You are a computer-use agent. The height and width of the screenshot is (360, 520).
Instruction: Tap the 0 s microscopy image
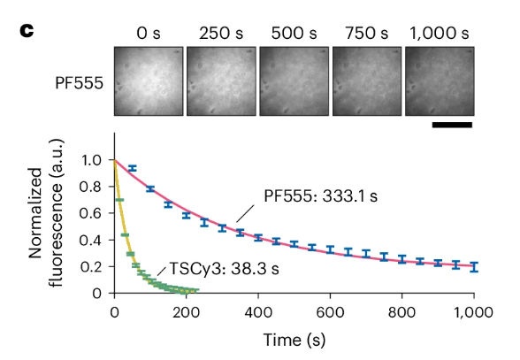[x=149, y=82]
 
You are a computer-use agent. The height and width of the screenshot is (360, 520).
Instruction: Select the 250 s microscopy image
[x=222, y=82]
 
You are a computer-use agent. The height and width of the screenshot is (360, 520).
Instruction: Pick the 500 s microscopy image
[x=294, y=82]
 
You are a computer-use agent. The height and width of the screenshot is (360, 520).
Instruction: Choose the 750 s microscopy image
[x=367, y=82]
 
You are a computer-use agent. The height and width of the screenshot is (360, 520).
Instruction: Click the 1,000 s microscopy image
[x=440, y=82]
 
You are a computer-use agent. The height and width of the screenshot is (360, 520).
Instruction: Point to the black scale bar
[x=453, y=125]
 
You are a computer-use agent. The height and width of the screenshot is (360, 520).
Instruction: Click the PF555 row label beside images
[x=78, y=84]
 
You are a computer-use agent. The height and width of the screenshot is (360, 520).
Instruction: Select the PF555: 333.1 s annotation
[x=320, y=196]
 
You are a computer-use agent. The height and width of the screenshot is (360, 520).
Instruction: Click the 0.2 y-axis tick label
[x=96, y=266]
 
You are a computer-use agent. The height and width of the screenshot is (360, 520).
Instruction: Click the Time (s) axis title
[x=293, y=340]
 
